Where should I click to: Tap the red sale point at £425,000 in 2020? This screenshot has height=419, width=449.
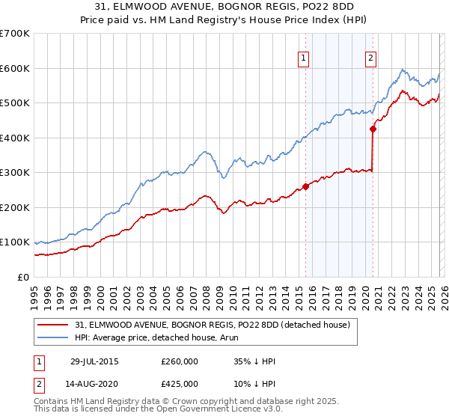point(373,129)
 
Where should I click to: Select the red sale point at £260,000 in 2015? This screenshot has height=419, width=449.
point(305,186)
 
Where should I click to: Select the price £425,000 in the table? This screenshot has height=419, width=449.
point(180,383)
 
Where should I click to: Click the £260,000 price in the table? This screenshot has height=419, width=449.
point(180,361)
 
